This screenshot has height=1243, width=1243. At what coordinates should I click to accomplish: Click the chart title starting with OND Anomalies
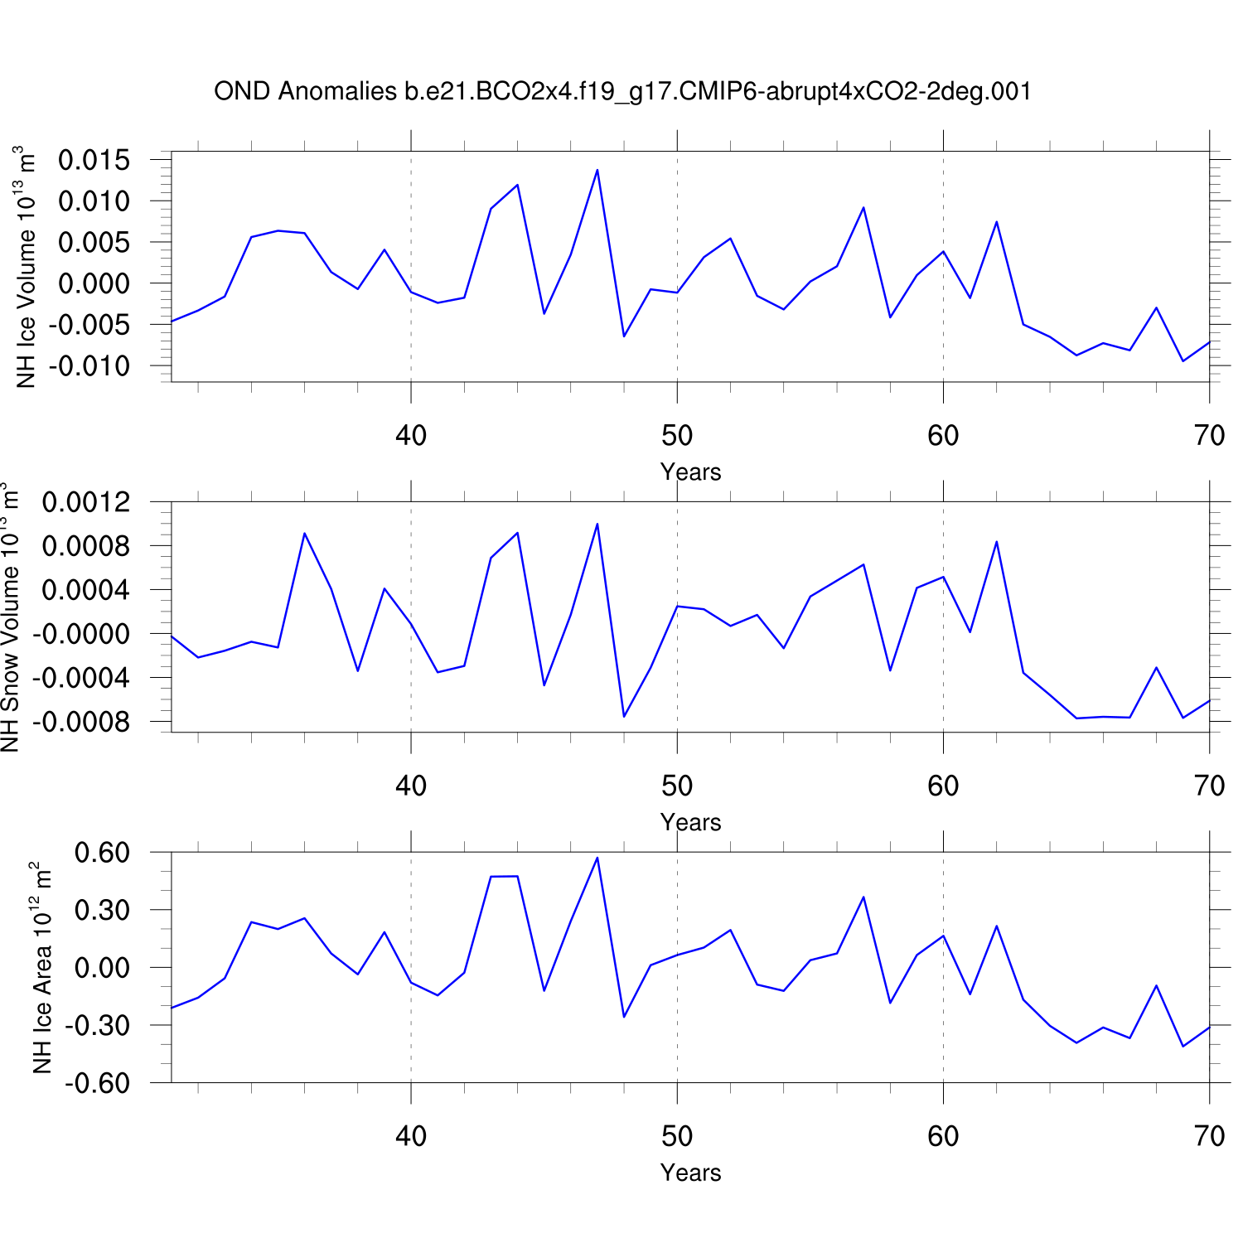pos(622,91)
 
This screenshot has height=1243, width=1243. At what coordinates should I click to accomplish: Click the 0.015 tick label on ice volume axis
pos(94,160)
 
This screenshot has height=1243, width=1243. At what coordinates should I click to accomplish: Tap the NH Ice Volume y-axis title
pos(26,267)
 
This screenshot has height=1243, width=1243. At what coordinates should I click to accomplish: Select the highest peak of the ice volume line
pos(597,170)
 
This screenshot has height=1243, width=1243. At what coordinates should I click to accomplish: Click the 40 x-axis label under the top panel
pos(411,435)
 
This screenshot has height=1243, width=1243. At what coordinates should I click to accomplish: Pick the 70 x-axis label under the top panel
pos(1210,435)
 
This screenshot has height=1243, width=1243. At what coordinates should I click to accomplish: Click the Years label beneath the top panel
pos(690,472)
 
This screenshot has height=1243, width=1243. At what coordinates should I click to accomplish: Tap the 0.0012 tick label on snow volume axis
pos(86,502)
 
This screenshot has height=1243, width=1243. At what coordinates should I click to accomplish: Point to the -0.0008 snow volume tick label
pos(82,722)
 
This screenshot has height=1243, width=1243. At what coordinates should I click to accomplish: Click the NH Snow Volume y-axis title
pos(10,617)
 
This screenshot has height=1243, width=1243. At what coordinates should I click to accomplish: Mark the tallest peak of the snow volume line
pos(597,524)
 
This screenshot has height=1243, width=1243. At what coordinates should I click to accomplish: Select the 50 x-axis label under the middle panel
pos(677,786)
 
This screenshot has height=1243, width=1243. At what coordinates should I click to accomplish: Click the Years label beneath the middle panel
pos(690,823)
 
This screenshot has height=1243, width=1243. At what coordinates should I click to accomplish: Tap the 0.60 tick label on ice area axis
pos(102,853)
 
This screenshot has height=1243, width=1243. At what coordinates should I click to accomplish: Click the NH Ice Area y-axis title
pos(42,968)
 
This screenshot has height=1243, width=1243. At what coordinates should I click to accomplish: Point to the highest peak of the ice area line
pos(597,858)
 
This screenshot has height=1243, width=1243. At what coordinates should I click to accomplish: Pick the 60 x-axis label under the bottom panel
pos(943,1136)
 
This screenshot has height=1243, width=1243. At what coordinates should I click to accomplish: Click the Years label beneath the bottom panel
pos(690,1173)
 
